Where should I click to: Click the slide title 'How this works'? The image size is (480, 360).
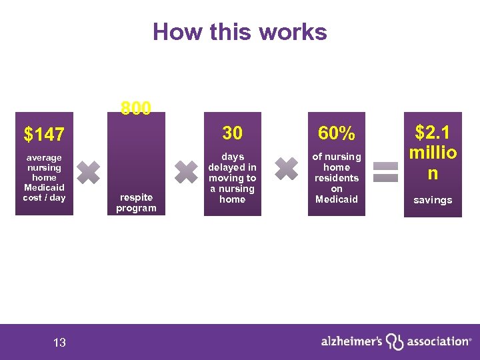point(240,32)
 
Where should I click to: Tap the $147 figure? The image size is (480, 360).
point(44,135)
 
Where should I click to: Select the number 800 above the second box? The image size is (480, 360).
point(136,108)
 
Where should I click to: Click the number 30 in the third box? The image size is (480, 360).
point(232,133)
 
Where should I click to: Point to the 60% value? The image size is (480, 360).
point(336,133)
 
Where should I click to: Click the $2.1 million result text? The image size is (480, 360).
point(433,153)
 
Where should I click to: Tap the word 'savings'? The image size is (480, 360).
point(433,200)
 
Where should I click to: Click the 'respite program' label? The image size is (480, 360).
point(136,203)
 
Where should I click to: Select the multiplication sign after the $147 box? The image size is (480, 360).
point(89,172)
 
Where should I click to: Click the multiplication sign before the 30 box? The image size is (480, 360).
point(186,171)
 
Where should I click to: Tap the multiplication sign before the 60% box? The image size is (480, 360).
point(287,168)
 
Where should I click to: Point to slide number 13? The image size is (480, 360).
point(59,343)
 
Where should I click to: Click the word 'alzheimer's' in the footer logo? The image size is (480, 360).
point(351,341)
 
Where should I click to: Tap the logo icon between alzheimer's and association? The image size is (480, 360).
point(395,341)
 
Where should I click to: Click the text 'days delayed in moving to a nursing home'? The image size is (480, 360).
point(232,178)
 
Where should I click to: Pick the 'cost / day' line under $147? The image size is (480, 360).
point(44,198)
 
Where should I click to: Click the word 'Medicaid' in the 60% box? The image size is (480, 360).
point(337,199)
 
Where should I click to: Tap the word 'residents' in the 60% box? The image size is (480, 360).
point(337,178)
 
